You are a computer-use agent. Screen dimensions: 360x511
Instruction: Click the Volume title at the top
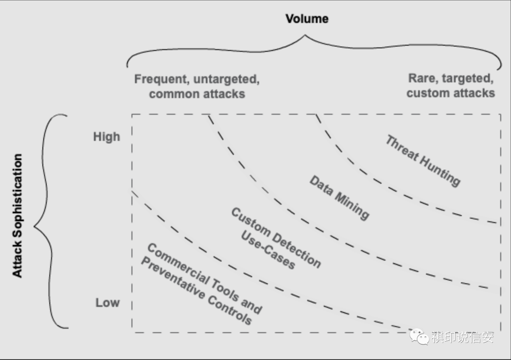307,19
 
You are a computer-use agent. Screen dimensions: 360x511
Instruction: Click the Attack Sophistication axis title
18,215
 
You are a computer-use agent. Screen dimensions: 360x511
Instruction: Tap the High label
106,137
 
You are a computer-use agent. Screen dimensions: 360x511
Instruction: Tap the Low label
107,303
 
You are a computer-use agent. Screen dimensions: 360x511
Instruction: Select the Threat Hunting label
422,161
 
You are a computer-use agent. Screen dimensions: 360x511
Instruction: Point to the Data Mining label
339,197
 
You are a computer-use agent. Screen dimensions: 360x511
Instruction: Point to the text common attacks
197,94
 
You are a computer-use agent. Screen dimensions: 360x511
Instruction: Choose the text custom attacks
450,93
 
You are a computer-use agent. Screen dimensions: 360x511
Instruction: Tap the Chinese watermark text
462,337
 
